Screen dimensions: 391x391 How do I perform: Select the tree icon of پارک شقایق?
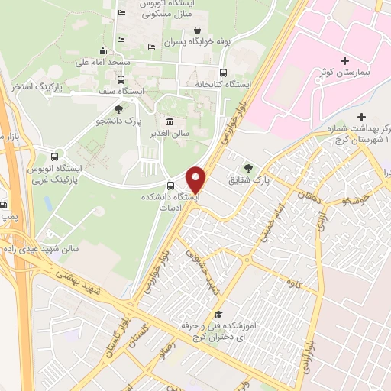247,168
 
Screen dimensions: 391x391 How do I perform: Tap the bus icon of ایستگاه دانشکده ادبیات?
170,184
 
